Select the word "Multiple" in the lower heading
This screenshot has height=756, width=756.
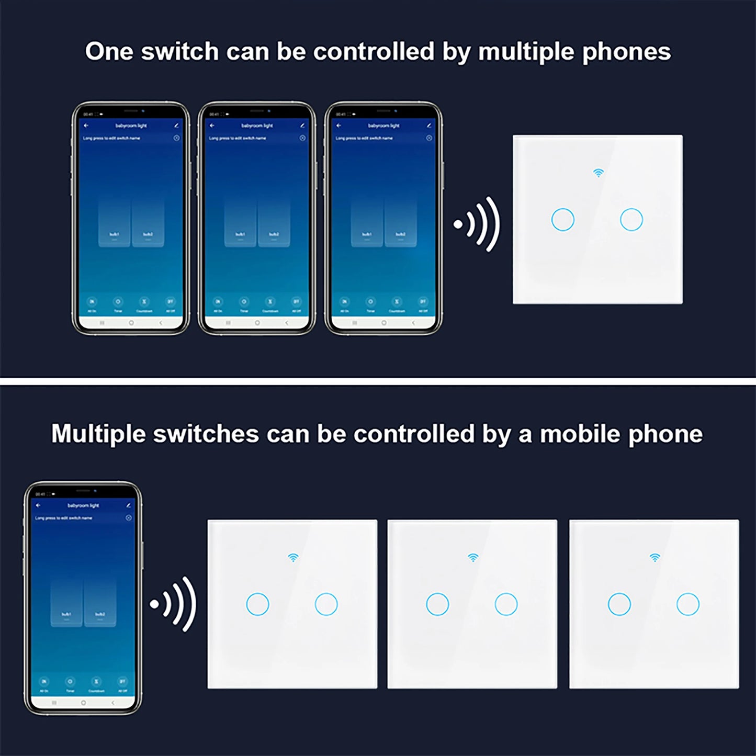[97, 434]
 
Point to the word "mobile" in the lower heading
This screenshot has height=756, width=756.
[580, 434]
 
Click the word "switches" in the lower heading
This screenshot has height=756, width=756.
[206, 434]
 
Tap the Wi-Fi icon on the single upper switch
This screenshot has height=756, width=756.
[598, 173]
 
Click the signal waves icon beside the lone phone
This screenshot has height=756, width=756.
[173, 604]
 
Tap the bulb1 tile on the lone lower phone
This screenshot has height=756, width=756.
[66, 602]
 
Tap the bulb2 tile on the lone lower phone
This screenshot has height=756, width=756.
[100, 602]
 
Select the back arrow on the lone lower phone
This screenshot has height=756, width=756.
[38, 505]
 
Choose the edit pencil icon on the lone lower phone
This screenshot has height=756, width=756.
[128, 505]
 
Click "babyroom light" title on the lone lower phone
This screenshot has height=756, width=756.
[83, 505]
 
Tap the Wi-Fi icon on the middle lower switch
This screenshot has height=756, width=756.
[473, 558]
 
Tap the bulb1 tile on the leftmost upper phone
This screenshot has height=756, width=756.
[114, 222]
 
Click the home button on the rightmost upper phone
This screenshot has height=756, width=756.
[384, 323]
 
